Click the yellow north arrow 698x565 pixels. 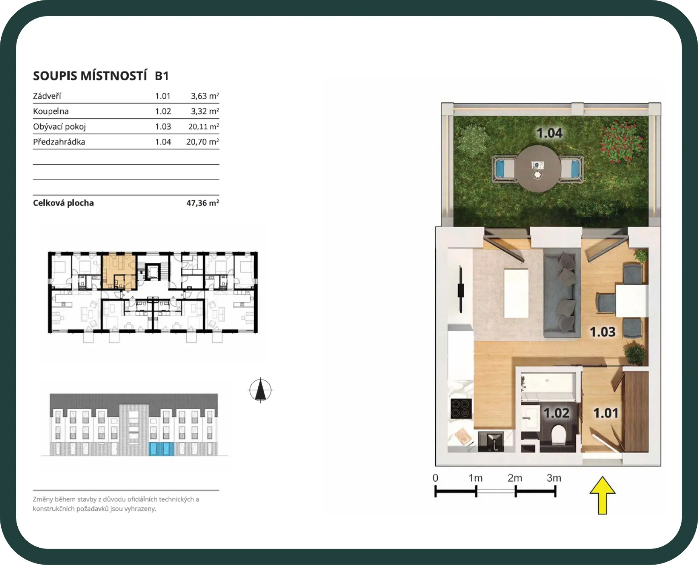pos(602,495)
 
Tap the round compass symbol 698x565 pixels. pos(260,390)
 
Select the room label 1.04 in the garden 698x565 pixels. pos(550,133)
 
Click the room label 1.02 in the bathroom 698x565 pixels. pos(556,413)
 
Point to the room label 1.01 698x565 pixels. pos(605,413)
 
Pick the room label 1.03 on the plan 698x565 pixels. pos(603,332)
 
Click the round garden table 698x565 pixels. pos(538,169)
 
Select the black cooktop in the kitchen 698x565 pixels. pos(461,408)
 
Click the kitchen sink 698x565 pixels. pos(491,441)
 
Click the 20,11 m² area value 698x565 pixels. pos(204,126)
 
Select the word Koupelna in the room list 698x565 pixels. pos(51,111)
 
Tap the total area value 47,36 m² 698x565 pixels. pos(203,203)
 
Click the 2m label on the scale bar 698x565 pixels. pos(515,478)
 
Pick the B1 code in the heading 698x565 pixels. pos(162,76)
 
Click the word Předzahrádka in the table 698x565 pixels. pos(59,142)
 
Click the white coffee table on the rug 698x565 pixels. pos(516,293)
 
